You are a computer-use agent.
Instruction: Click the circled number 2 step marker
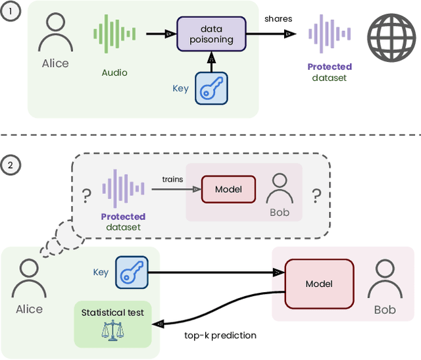pos(10,165)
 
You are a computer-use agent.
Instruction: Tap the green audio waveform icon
pos(115,34)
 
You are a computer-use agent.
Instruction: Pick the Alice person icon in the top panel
pos(55,32)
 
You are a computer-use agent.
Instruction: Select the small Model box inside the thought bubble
pos(228,190)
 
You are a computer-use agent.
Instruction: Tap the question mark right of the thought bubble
pos(316,194)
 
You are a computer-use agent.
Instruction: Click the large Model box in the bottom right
pos(319,284)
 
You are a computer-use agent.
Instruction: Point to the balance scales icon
pos(112,330)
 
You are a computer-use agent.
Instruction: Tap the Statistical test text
pos(112,312)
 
